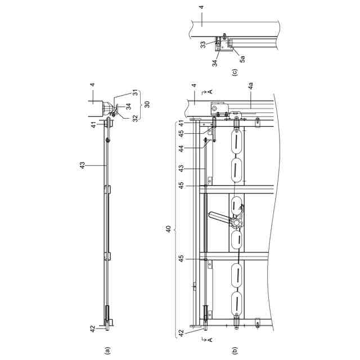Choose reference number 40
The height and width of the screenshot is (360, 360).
pos(169,229)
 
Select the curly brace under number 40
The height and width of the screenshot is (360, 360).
pos(176,229)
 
